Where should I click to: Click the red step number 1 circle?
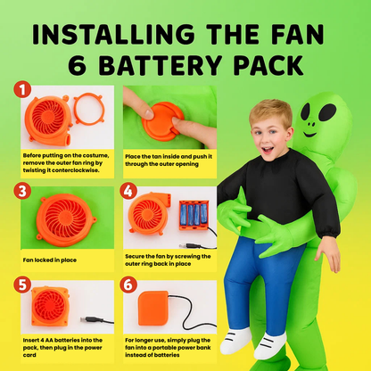click(x=22, y=89)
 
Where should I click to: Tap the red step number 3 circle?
click(x=22, y=191)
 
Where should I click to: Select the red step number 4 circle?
click(x=128, y=191)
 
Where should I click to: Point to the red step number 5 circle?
click(x=22, y=284)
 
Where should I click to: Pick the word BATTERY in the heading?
click(x=160, y=64)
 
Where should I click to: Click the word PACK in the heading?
click(x=268, y=64)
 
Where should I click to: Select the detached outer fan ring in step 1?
click(x=89, y=109)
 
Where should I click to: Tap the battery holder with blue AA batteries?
click(x=194, y=215)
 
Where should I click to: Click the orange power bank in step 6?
click(x=153, y=308)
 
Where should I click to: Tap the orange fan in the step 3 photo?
click(x=66, y=220)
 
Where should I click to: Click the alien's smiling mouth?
click(x=309, y=135)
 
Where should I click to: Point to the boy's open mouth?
click(x=268, y=150)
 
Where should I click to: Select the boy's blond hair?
click(x=271, y=111)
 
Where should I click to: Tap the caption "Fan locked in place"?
click(x=50, y=260)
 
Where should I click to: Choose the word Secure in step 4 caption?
click(x=135, y=256)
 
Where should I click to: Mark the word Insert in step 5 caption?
click(x=32, y=340)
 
